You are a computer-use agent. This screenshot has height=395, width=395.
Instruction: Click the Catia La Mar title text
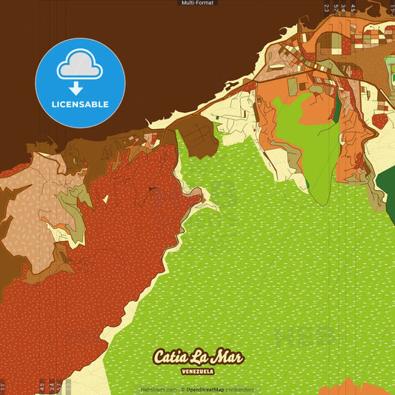click(x=198, y=356)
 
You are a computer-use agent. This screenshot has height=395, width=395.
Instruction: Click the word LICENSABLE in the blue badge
click(x=80, y=104)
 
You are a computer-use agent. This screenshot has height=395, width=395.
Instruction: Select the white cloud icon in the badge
click(x=80, y=67)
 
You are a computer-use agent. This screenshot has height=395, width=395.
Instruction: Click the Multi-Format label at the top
click(x=197, y=3)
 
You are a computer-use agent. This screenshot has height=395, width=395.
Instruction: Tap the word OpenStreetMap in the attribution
click(x=205, y=389)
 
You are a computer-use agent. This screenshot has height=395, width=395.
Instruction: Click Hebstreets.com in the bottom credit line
click(x=157, y=389)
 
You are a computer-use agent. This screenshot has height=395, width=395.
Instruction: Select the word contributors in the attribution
click(x=239, y=389)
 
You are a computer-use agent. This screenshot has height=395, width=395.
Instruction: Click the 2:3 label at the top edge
click(x=326, y=7)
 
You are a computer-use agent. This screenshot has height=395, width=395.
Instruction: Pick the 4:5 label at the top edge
click(x=353, y=7)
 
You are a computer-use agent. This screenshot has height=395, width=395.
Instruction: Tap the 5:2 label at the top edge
click(x=336, y=7)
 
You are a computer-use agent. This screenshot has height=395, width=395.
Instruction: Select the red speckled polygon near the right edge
click(x=380, y=120)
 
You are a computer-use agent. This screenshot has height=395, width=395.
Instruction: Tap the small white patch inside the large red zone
click(x=106, y=199)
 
